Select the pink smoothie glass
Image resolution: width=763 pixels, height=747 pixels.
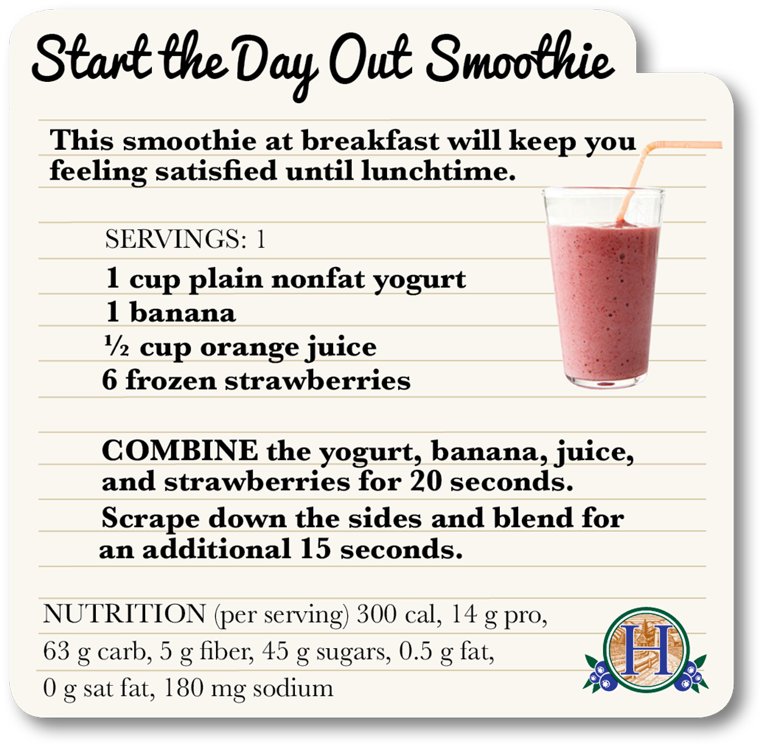point(603,293)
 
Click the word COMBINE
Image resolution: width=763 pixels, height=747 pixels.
point(180,451)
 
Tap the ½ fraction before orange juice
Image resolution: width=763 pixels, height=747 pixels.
point(116,346)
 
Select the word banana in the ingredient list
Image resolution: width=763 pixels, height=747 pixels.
point(183,313)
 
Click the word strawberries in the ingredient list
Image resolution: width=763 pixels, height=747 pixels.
point(317,381)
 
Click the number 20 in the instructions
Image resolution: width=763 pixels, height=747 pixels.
point(426,481)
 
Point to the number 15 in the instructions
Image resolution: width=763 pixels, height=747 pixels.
point(316,548)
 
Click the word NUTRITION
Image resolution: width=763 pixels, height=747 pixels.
point(125,614)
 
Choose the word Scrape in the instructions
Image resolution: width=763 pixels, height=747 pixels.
point(150,519)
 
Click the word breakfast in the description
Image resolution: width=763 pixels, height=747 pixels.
point(370,141)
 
